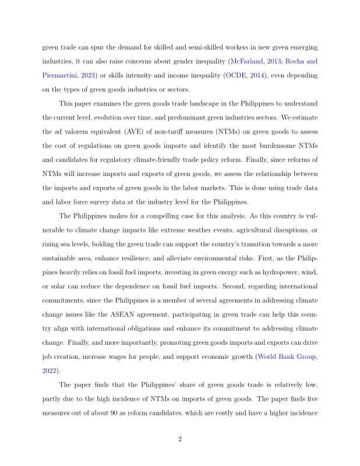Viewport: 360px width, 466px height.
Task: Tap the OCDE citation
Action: [238, 75]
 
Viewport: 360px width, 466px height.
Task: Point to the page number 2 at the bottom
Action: [180, 439]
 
